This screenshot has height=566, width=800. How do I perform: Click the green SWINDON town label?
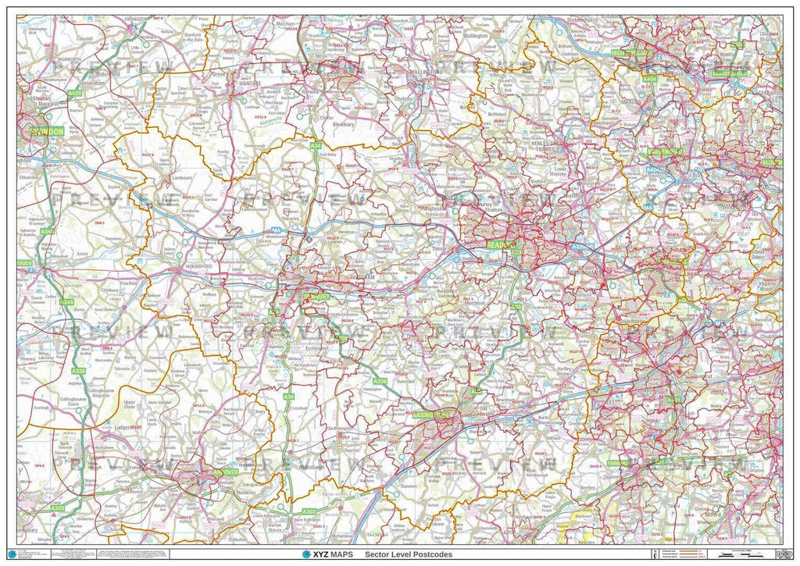(48, 132)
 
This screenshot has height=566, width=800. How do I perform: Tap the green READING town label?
(502, 244)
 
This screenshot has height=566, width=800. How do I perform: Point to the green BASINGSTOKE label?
(432, 415)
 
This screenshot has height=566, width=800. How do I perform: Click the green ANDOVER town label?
(224, 472)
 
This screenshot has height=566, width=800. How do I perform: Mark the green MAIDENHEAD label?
(665, 151)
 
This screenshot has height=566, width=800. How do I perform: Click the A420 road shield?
(74, 93)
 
